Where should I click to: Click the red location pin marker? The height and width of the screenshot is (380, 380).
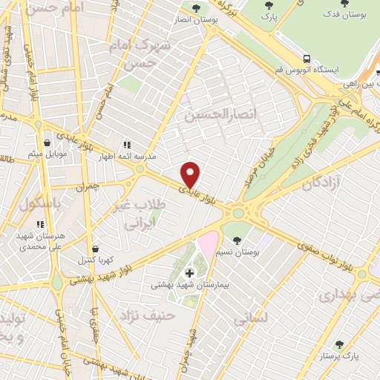tap(191, 174)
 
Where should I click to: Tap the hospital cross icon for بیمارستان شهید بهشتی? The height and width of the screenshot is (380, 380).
tap(190, 273)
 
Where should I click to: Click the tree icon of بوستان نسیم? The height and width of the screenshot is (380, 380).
tap(236, 240)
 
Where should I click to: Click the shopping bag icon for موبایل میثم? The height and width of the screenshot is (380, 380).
tap(47, 142)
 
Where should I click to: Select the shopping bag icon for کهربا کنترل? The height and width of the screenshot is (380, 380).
tap(96, 249)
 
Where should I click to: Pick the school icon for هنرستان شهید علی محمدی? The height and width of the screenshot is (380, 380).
tap(40, 223)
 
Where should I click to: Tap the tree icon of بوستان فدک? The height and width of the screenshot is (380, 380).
tap(348, 3)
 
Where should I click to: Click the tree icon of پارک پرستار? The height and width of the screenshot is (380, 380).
tap(339, 344)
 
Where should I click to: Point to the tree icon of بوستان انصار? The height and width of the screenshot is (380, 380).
tap(195, 8)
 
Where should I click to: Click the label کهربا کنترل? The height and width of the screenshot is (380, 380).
tap(96, 261)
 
